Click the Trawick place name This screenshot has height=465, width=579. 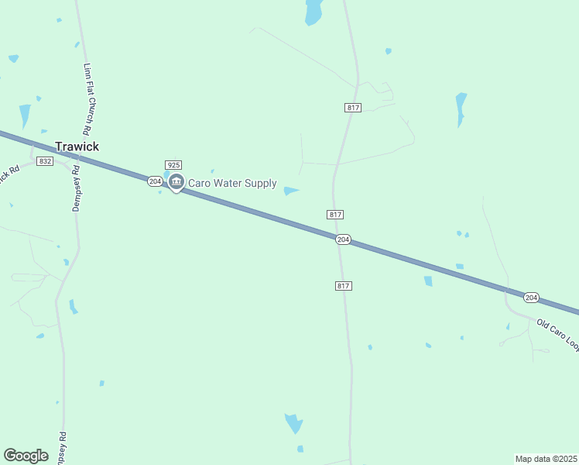pyautogui.click(x=77, y=146)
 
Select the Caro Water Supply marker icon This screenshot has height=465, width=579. pyautogui.click(x=176, y=184)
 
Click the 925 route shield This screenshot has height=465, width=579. pyautogui.click(x=173, y=165)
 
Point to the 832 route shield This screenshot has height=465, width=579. pyautogui.click(x=45, y=160)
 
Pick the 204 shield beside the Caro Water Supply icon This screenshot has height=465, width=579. pyautogui.click(x=155, y=181)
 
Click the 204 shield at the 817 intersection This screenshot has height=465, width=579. pyautogui.click(x=344, y=240)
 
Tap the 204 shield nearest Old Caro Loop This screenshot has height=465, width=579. pyautogui.click(x=530, y=298)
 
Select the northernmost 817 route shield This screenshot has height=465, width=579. pyautogui.click(x=353, y=108)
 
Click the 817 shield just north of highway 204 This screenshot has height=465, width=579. pyautogui.click(x=335, y=214)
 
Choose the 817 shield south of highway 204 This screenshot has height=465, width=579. pyautogui.click(x=344, y=286)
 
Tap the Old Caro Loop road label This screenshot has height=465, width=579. pyautogui.click(x=557, y=334)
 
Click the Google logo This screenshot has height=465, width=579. pyautogui.click(x=26, y=456)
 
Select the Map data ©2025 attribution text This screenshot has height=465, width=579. pyautogui.click(x=546, y=459)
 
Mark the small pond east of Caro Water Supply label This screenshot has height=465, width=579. pyautogui.click(x=291, y=191)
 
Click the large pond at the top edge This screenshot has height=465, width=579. pyautogui.click(x=313, y=12)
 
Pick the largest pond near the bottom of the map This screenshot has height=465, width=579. pyautogui.click(x=294, y=423)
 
